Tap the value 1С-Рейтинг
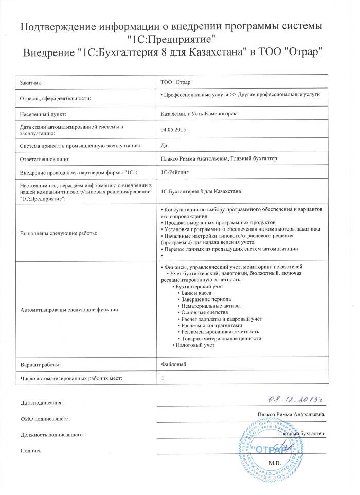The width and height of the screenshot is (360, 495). [175, 172]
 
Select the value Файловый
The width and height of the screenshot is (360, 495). [173, 364]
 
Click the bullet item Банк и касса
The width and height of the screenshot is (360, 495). [200, 292]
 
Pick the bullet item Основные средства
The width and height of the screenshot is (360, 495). [206, 312]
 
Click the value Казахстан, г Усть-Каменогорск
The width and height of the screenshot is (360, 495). [199, 113]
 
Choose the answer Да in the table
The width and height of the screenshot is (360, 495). [164, 146]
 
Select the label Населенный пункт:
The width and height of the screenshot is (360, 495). [43, 113]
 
